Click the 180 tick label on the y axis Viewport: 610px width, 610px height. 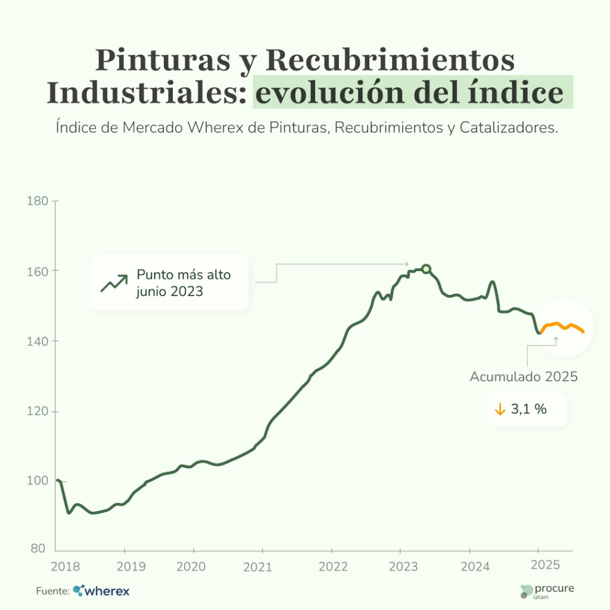point(38,201)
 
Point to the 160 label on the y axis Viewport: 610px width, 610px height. point(38,271)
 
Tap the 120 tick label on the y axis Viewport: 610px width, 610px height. point(38,411)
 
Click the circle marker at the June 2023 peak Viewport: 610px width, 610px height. point(426,269)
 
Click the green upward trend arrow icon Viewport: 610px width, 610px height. point(114,283)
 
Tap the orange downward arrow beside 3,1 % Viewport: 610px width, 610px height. point(500,410)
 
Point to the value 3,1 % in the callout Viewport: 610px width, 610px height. point(529,410)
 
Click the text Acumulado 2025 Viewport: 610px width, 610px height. point(524,377)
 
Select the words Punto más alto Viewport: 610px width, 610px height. point(183,275)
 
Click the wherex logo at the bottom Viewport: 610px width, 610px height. point(101,591)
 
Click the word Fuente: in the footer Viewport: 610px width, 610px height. point(52,592)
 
